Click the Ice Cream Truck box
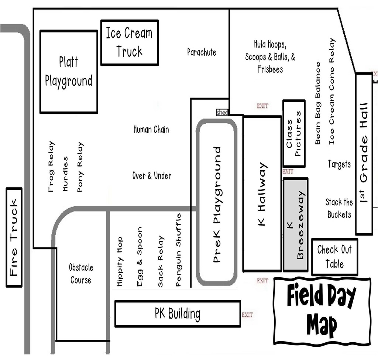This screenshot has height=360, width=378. pyautogui.click(x=130, y=43)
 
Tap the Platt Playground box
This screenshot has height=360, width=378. pyautogui.click(x=69, y=72)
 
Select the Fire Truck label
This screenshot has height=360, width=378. pyautogui.click(x=14, y=237)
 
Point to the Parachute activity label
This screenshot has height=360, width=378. pyautogui.click(x=202, y=52)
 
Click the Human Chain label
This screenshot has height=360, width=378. pyautogui.click(x=151, y=130)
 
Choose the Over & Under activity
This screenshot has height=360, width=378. pyautogui.click(x=152, y=176)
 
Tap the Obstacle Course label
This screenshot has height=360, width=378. pyautogui.click(x=81, y=274)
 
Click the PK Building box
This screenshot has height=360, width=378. pyautogui.click(x=178, y=314)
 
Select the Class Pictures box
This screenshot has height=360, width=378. pyautogui.click(x=294, y=133)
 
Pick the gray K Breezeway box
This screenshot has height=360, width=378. pyautogui.click(x=295, y=224)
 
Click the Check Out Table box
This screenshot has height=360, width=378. pyautogui.click(x=334, y=257)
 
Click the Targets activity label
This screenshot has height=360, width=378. pyautogui.click(x=339, y=164)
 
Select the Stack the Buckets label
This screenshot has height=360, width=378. pyautogui.click(x=339, y=208)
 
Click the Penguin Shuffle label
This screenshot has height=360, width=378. pyautogui.click(x=179, y=250)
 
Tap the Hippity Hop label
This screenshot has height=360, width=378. pyautogui.click(x=119, y=262)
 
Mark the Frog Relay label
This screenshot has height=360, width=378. pyautogui.click(x=51, y=167)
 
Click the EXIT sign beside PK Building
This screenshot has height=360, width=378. pyautogui.click(x=247, y=315)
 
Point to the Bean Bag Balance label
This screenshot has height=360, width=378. pyautogui.click(x=318, y=103)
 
